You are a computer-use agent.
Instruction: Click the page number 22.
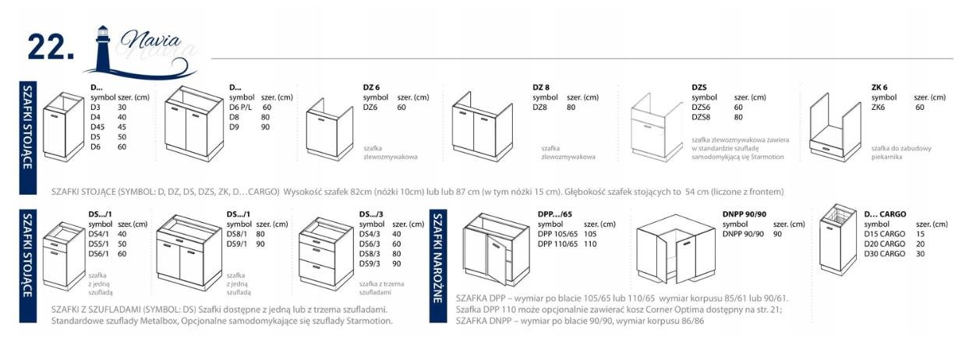click(51, 47)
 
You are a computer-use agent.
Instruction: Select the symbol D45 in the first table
click(97, 127)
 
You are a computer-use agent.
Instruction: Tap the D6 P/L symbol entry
click(241, 108)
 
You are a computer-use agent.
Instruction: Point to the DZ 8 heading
click(541, 87)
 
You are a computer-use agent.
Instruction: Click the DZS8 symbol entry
click(701, 117)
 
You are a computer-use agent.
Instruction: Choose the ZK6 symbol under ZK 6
click(878, 108)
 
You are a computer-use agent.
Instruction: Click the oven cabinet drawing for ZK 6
click(836, 128)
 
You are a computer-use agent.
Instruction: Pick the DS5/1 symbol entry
click(99, 244)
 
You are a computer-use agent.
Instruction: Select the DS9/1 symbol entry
click(237, 244)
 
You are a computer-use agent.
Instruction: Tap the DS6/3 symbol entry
click(370, 244)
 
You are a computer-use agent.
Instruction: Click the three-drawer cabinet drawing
click(326, 253)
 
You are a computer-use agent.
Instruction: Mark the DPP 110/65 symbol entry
click(557, 244)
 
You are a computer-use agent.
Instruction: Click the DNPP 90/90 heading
click(744, 214)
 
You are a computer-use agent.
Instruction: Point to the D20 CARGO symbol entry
click(885, 244)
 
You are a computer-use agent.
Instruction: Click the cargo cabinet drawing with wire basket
click(838, 240)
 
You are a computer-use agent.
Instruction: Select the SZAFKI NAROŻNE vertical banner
click(438, 266)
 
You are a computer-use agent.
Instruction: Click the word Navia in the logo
click(150, 41)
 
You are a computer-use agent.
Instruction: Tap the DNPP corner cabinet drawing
click(676, 249)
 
